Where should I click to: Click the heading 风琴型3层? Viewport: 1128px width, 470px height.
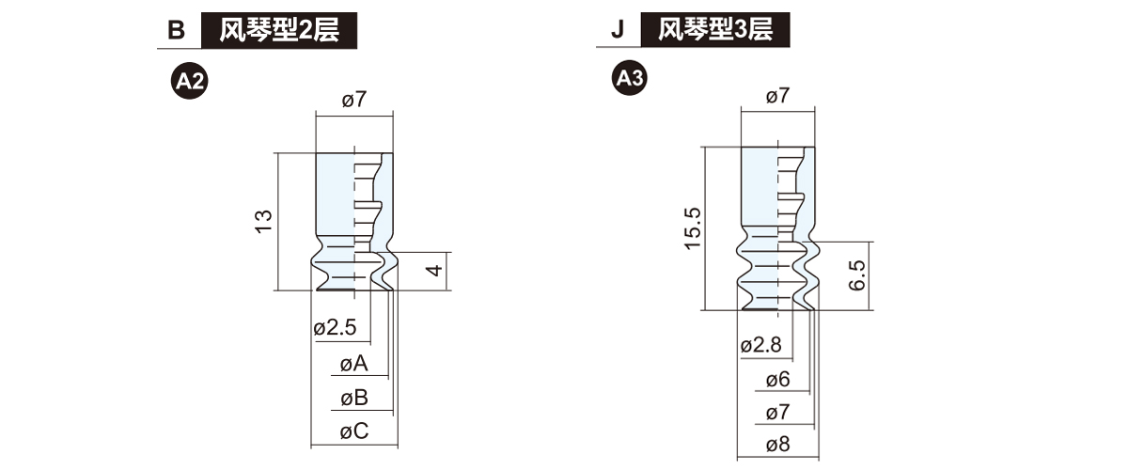[715, 29]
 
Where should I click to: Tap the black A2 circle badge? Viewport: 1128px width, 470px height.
[188, 82]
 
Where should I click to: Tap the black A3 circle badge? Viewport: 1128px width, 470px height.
[629, 80]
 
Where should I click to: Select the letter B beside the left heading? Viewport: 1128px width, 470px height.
[175, 30]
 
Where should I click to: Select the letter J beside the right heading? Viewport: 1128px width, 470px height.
[617, 30]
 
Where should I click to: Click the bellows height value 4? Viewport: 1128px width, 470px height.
[433, 271]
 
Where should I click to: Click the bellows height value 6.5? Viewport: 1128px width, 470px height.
[855, 276]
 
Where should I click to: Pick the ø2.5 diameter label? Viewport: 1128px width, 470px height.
[335, 328]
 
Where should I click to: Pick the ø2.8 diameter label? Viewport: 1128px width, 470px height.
[760, 345]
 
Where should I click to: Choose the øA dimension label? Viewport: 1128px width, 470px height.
[353, 364]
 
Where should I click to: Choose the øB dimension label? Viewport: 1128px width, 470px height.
[353, 398]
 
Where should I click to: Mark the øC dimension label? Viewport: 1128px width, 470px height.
[353, 431]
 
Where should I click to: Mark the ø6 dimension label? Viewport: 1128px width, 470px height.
[777, 380]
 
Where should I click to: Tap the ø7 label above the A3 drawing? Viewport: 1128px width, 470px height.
[777, 96]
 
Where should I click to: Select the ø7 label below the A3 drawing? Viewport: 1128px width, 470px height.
[777, 413]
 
